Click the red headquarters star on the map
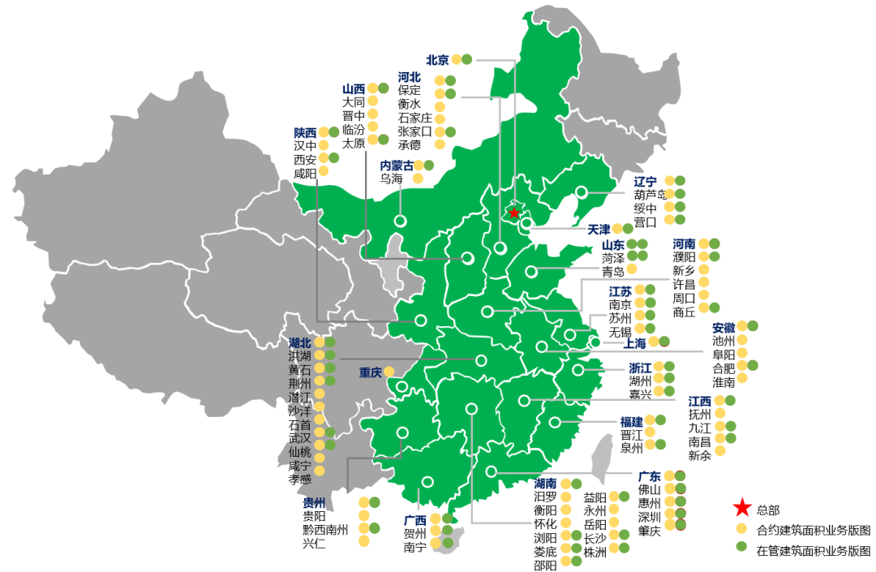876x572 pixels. click(513, 213)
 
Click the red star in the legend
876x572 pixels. click(741, 510)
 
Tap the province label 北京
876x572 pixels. click(437, 59)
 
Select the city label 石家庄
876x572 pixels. click(415, 118)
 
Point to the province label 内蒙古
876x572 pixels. click(397, 166)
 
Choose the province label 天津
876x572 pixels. click(599, 230)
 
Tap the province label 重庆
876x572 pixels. click(371, 372)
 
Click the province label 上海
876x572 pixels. click(635, 342)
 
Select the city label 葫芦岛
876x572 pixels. click(650, 195)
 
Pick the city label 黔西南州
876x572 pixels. click(325, 529)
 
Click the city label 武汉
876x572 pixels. click(299, 438)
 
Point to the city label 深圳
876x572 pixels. click(649, 517)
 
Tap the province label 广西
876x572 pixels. click(415, 520)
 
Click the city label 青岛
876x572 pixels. click(613, 271)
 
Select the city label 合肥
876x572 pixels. click(724, 368)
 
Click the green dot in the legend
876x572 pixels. click(741, 549)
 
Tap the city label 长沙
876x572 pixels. click(595, 538)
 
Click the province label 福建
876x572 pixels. click(632, 421)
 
